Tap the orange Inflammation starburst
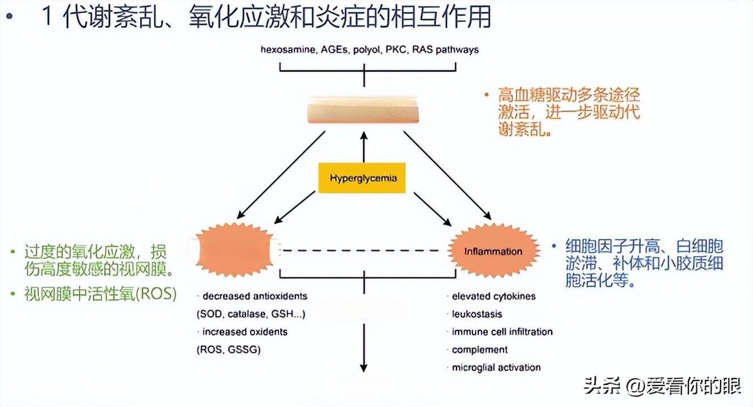point(492,251)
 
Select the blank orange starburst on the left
point(234,250)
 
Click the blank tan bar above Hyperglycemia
point(363,110)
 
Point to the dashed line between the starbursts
point(363,250)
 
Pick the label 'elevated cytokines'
point(493,296)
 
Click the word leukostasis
point(477,313)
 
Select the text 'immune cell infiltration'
point(502,332)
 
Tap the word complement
point(480,349)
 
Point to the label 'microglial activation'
point(496,367)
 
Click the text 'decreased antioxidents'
point(255,296)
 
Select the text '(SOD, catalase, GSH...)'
point(254,313)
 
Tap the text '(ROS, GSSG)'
point(229,349)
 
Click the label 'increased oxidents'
point(245,332)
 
